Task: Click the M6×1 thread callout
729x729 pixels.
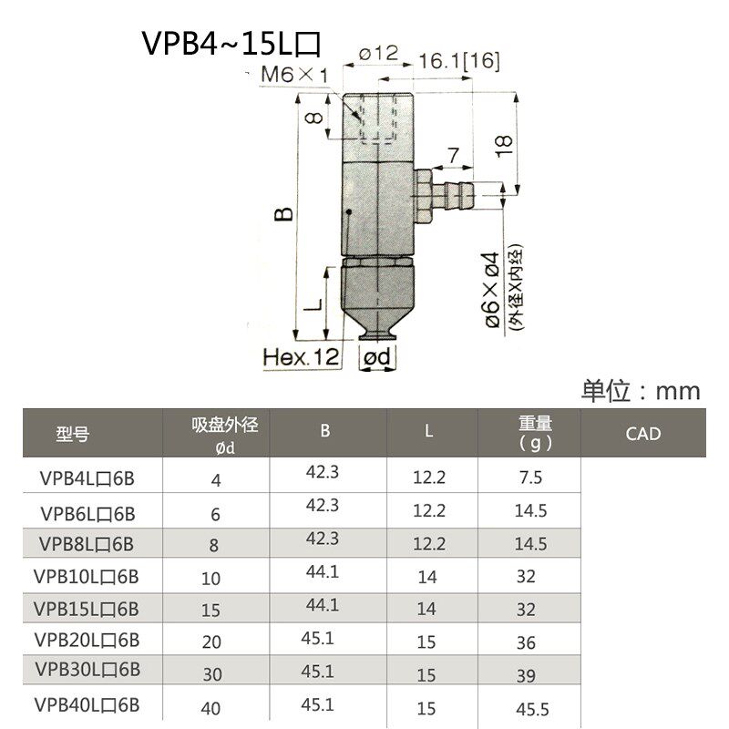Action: click(x=293, y=74)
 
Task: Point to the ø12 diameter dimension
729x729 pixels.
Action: click(x=379, y=54)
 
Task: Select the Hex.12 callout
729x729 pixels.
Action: click(x=300, y=358)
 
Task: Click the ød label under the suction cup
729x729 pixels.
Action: click(x=376, y=358)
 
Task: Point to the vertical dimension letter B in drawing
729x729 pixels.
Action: click(x=284, y=215)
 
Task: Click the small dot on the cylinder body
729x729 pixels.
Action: click(x=349, y=213)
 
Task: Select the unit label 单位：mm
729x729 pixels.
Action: click(x=641, y=392)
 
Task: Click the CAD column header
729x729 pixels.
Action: click(x=642, y=434)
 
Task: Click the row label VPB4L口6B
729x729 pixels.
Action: click(x=87, y=477)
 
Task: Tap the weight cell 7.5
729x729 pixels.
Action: click(x=529, y=477)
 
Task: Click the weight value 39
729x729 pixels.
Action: click(x=526, y=675)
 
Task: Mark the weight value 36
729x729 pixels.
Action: click(x=526, y=642)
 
